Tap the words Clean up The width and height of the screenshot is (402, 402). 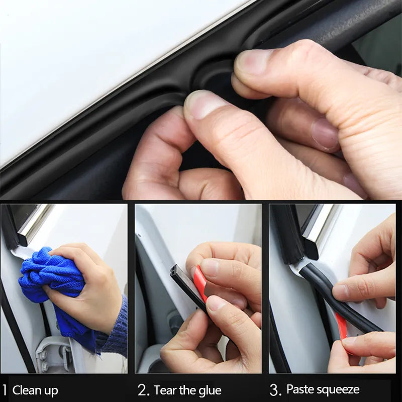35,390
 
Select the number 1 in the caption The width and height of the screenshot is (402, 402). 5,390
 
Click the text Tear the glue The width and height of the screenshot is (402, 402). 187,390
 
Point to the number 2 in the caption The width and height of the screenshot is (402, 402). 143,390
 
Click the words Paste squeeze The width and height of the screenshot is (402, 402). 323,389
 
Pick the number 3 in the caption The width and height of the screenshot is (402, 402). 275,390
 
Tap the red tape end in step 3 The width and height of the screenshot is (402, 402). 342,327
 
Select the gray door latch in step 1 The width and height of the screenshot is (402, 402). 53,352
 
